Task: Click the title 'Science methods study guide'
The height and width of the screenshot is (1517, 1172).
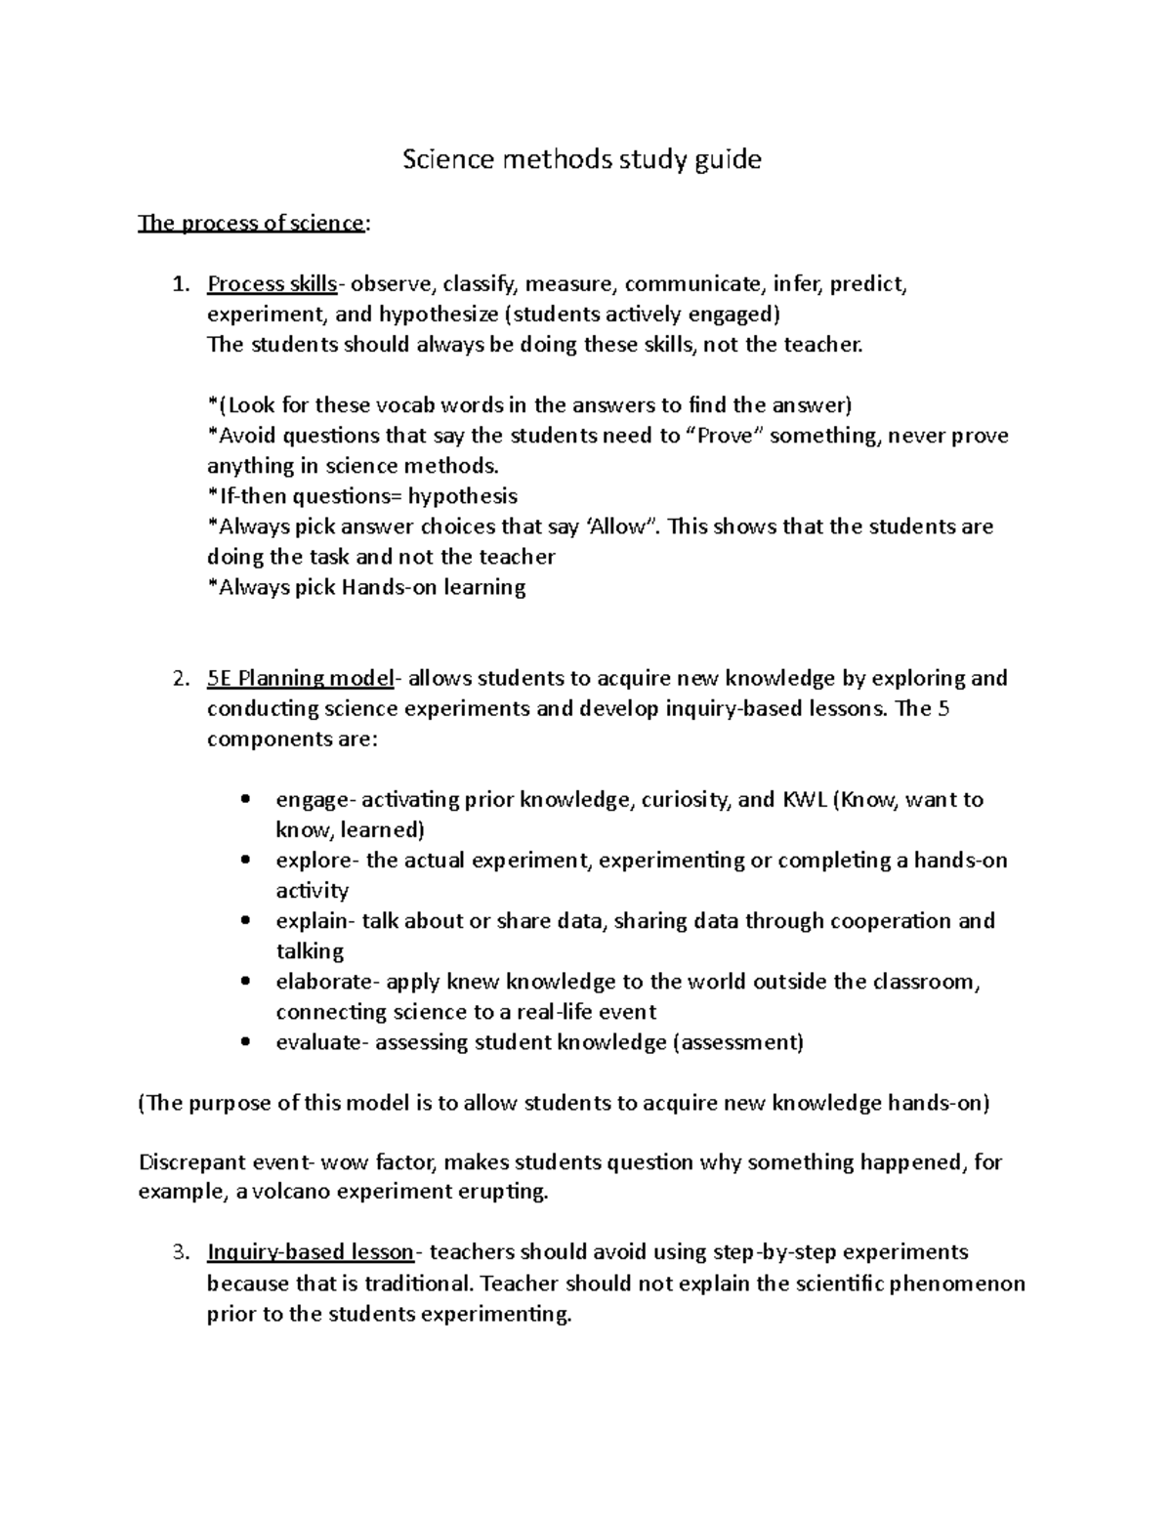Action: [x=582, y=159]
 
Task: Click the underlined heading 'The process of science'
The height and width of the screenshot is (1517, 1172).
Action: [x=251, y=223]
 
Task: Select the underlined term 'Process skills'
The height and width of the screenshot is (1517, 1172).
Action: [x=272, y=284]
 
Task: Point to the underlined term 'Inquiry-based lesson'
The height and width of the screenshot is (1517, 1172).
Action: [x=310, y=1252]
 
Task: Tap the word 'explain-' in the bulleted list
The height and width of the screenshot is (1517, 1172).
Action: [x=315, y=921]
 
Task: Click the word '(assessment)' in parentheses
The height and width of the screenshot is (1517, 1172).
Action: [x=739, y=1042]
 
